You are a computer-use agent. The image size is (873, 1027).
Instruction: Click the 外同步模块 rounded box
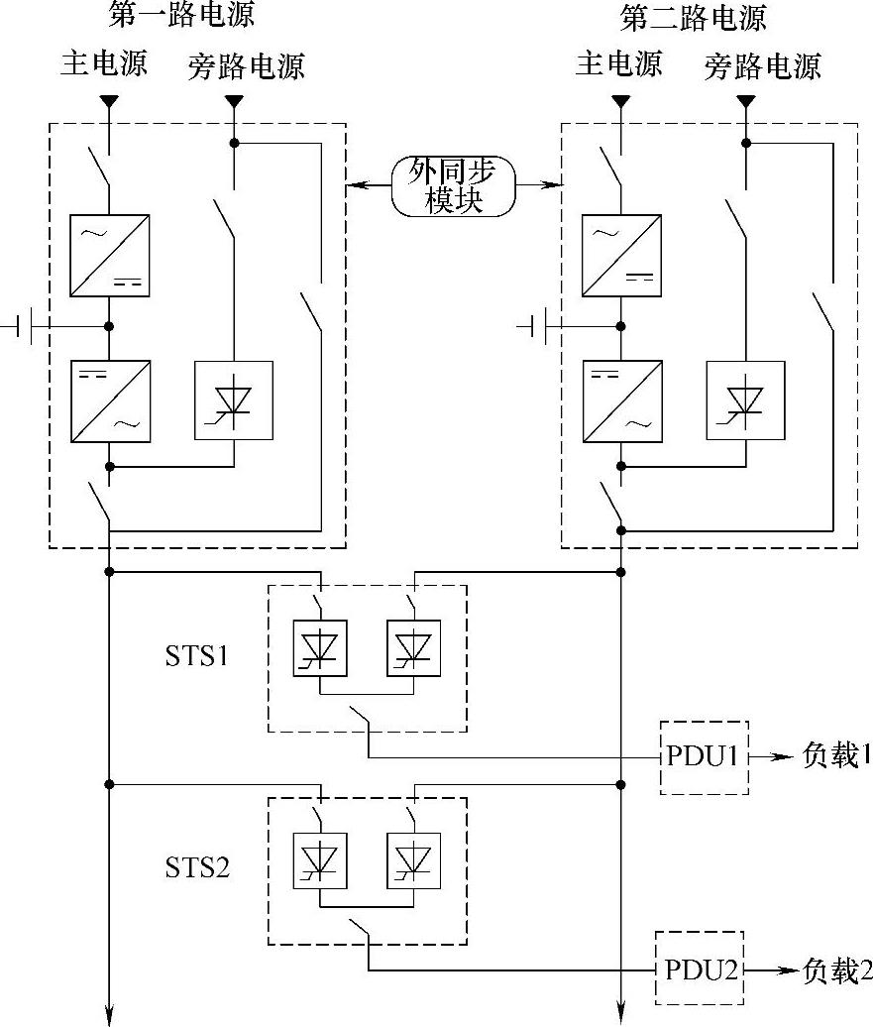click(x=453, y=186)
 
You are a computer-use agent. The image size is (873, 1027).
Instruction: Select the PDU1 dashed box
click(x=704, y=757)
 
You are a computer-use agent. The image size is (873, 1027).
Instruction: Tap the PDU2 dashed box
click(x=700, y=967)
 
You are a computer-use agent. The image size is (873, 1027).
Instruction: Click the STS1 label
click(x=196, y=655)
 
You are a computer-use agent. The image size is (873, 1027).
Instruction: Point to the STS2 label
click(x=197, y=867)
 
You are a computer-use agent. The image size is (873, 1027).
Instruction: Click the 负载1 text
click(x=836, y=755)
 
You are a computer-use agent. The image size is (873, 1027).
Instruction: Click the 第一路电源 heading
click(x=181, y=15)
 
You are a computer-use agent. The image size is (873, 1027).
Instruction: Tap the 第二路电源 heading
click(x=694, y=17)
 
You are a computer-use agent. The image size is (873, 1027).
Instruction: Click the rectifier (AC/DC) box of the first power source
click(x=110, y=256)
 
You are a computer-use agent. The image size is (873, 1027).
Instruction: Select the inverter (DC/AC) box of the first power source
click(x=111, y=401)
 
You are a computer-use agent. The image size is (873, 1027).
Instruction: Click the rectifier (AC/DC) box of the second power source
click(x=621, y=256)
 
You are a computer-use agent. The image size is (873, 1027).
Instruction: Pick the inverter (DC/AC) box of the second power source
click(x=622, y=401)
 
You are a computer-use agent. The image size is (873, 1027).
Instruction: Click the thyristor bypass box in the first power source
click(x=234, y=400)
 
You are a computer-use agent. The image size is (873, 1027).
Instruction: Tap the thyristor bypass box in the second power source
click(x=745, y=400)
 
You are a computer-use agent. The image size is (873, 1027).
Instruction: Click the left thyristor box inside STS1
click(x=320, y=648)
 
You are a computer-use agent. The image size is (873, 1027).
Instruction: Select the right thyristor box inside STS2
click(x=413, y=860)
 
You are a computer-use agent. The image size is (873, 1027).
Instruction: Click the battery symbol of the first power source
click(x=25, y=326)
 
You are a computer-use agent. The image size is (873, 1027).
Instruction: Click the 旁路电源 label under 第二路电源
click(x=762, y=66)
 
